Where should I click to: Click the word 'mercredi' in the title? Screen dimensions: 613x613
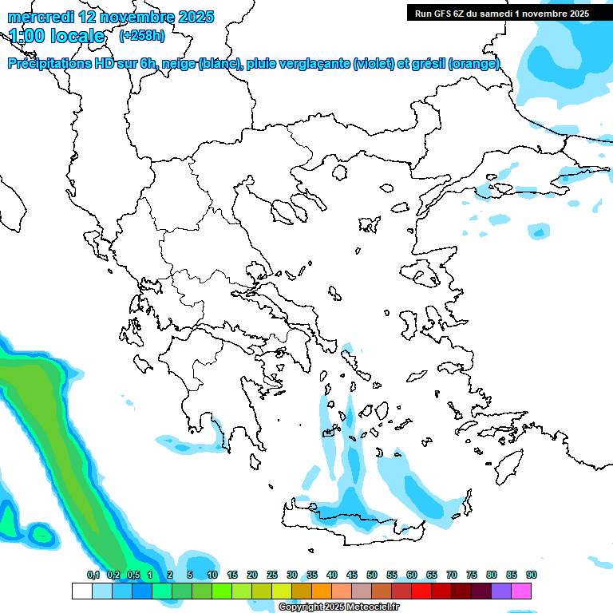(x=41, y=17)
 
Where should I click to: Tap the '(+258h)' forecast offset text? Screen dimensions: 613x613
(x=142, y=36)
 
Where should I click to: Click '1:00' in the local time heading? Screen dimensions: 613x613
(x=26, y=36)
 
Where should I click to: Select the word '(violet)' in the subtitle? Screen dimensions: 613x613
(x=378, y=64)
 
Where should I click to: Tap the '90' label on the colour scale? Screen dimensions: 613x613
(x=531, y=575)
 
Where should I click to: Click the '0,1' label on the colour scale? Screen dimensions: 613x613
(x=93, y=575)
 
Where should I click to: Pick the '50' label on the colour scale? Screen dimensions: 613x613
(x=372, y=575)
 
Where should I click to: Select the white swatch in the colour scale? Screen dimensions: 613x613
(x=81, y=591)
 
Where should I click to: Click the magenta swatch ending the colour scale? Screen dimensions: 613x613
(x=521, y=591)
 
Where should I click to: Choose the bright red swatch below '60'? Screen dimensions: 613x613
(x=421, y=591)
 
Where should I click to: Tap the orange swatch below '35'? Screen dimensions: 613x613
(x=322, y=591)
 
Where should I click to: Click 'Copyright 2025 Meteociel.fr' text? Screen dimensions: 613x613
(x=338, y=607)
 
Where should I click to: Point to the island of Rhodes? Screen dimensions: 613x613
(x=507, y=465)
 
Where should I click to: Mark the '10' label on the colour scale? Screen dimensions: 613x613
(x=212, y=575)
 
